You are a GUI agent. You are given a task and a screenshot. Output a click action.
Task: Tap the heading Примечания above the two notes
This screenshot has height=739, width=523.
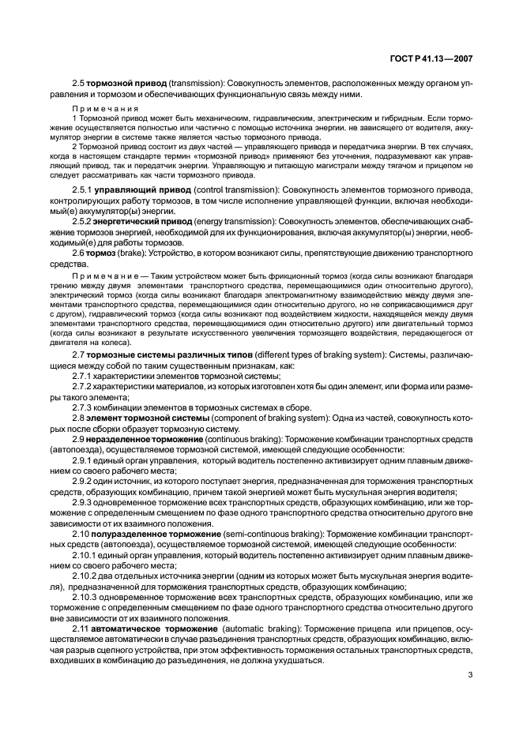coord(106,107)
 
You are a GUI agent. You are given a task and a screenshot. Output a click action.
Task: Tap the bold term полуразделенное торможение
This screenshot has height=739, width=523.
coord(156,533)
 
